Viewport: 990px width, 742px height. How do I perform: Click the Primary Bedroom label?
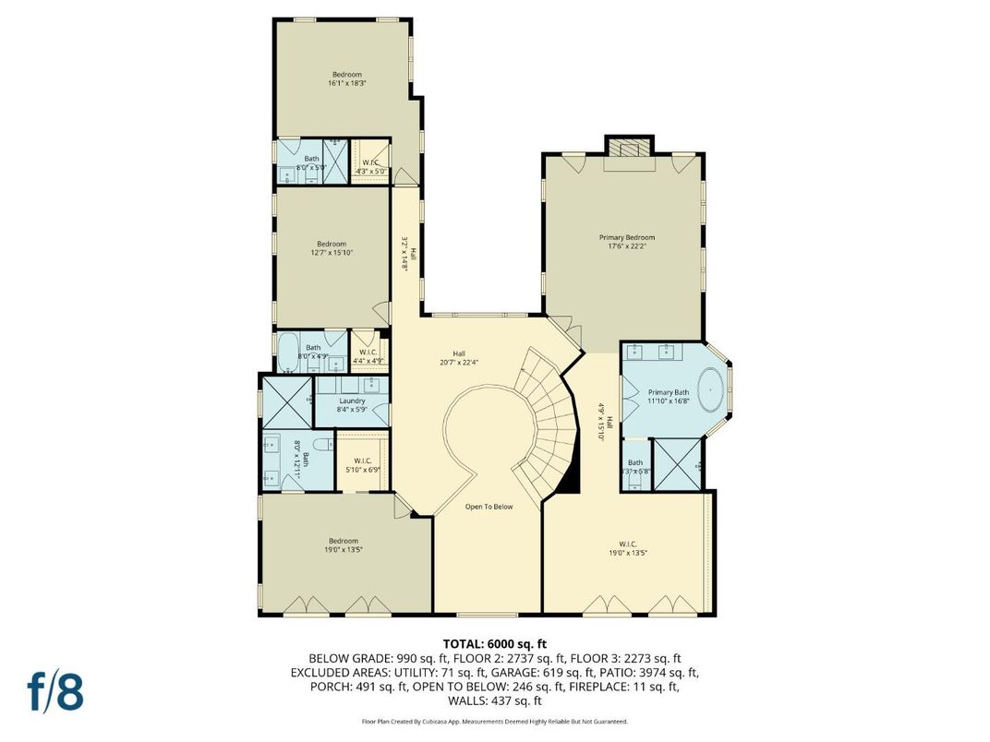632,237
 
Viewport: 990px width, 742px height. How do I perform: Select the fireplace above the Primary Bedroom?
628,150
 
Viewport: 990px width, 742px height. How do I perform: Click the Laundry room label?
352,401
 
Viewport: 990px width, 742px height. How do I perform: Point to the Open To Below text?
489,507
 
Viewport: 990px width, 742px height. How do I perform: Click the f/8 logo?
54,694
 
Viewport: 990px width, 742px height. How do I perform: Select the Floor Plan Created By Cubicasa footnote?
494,721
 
